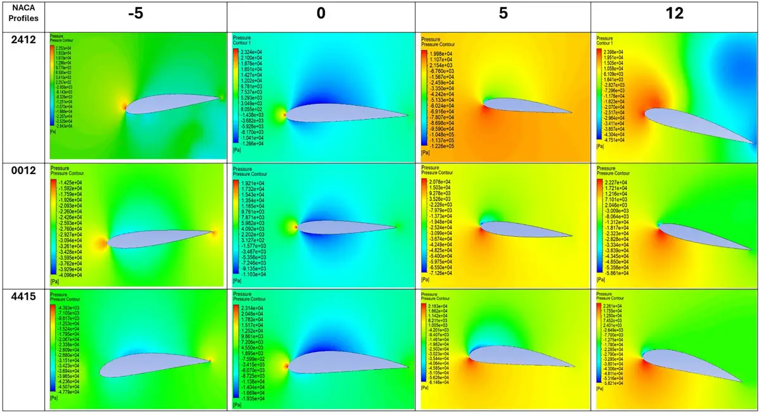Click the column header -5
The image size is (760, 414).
coord(134,14)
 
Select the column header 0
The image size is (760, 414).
coord(321,14)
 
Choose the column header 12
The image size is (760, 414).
coord(674,14)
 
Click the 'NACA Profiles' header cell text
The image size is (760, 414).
coord(24,14)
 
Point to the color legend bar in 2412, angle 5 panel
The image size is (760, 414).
coord(424,99)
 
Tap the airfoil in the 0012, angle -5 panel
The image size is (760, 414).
coord(158,237)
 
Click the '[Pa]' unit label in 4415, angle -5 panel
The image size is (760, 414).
coord(54,399)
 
